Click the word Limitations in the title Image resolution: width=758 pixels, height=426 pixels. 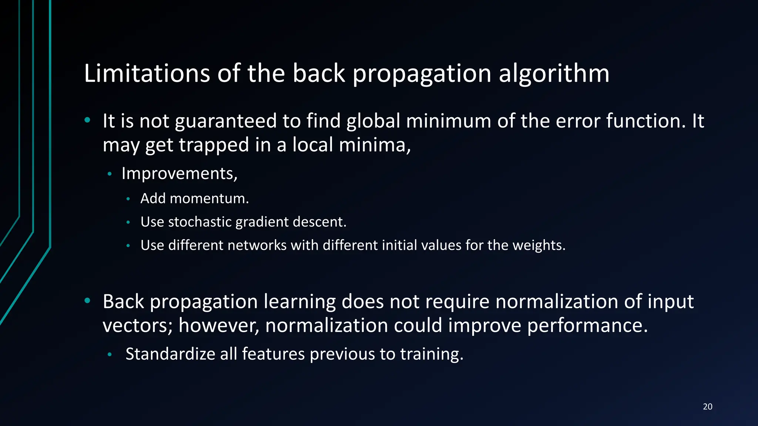147,73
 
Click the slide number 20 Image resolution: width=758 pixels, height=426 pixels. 707,407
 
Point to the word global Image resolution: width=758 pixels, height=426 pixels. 373,121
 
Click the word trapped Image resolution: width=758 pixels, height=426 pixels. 214,145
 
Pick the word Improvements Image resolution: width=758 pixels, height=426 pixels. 179,173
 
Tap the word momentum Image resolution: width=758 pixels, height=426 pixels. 209,199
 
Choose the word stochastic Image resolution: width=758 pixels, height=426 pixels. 199,222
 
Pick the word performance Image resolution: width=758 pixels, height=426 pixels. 587,326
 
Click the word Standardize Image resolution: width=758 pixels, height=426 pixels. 170,354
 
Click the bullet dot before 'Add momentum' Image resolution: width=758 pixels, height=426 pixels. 128,199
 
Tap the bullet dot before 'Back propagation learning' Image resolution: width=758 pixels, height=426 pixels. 87,301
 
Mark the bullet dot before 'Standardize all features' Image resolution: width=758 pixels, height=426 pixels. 110,354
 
